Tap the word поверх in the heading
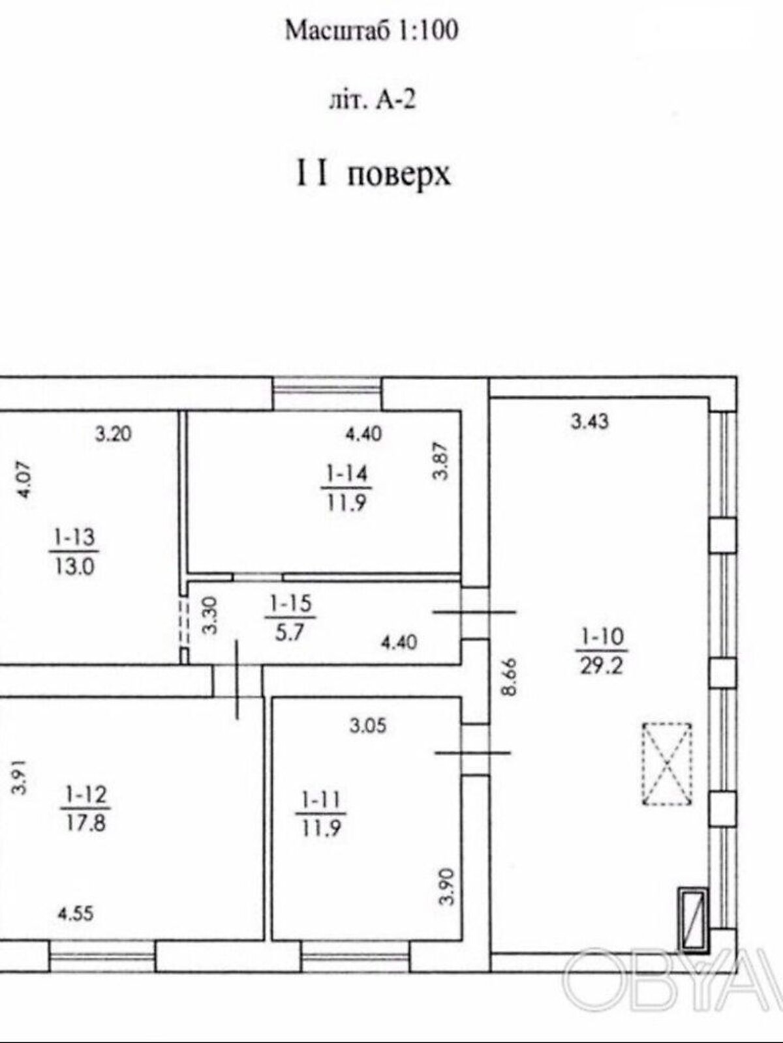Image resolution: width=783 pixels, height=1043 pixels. tap(399, 175)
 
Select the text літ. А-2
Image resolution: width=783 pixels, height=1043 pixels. tap(371, 101)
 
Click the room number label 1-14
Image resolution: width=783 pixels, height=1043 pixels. tap(345, 474)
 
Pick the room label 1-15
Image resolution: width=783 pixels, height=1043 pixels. tap(290, 604)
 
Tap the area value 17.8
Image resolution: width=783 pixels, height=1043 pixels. tap(85, 822)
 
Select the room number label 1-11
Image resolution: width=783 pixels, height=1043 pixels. tap(320, 799)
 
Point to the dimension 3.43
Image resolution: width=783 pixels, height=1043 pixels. tap(590, 422)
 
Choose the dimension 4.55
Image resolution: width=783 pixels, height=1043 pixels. tap(76, 913)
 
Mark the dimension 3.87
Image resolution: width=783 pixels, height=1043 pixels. tap(442, 462)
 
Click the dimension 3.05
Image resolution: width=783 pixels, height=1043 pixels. tap(367, 726)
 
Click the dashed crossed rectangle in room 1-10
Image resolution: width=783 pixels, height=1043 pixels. tap(667, 764)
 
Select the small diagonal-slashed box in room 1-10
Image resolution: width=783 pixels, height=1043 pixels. tap(692, 918)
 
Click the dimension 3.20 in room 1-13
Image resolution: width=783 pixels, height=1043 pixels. tap(114, 433)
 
